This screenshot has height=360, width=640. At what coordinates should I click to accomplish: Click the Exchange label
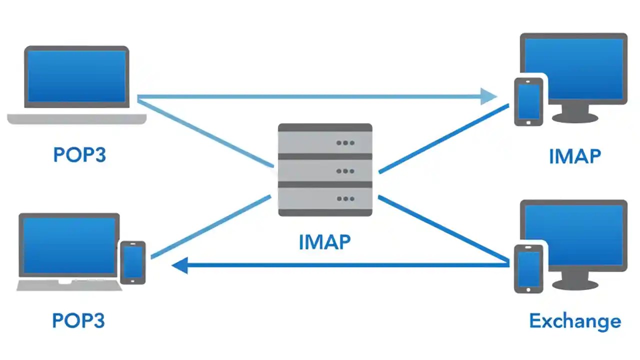(575, 320)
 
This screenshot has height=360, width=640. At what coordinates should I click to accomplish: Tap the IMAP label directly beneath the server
(324, 242)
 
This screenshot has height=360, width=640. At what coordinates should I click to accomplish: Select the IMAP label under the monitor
(574, 156)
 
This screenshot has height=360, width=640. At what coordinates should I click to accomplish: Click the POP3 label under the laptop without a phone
(79, 155)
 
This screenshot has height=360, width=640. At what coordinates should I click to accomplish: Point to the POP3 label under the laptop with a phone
(78, 320)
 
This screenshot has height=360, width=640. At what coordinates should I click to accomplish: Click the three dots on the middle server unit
(345, 171)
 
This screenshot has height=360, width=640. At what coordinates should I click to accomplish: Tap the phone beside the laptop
(133, 262)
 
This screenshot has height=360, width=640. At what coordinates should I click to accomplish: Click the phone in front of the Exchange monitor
(528, 268)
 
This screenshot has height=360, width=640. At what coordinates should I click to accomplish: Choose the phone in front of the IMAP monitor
(528, 101)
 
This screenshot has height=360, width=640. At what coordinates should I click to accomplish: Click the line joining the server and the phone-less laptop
(205, 133)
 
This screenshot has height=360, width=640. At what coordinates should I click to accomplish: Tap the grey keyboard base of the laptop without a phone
(76, 118)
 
